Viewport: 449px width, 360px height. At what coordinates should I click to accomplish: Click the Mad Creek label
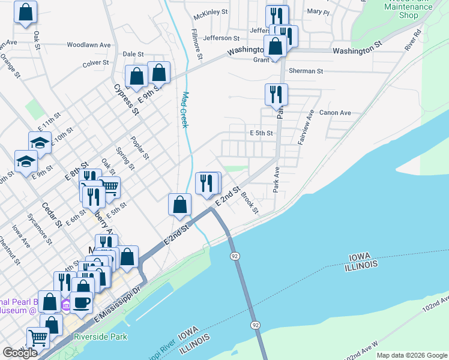click(185, 109)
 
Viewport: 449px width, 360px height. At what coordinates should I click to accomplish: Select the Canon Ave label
click(335, 112)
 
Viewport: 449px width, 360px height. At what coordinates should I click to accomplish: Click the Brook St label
click(250, 203)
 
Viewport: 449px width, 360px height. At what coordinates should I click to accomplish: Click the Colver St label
click(95, 62)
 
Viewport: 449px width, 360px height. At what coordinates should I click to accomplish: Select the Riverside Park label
click(100, 337)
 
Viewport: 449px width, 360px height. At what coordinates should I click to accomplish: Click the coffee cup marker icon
click(81, 302)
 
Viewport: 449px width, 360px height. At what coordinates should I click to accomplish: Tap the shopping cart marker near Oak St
click(109, 187)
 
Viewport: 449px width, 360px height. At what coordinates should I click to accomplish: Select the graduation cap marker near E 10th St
click(40, 142)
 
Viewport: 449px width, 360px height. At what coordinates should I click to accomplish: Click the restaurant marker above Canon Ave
click(276, 94)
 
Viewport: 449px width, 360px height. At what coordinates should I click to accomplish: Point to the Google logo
click(20, 353)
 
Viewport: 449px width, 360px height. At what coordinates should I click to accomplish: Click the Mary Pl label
click(318, 11)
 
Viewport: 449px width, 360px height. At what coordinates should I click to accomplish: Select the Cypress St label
click(126, 100)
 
